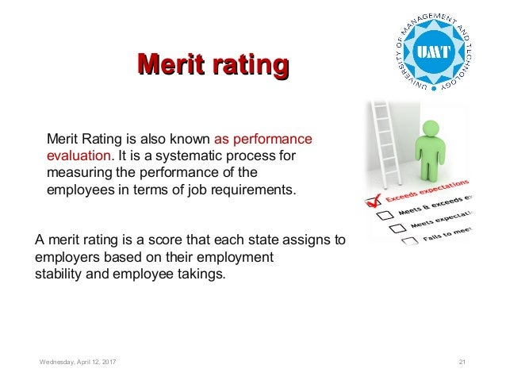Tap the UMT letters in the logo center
pyautogui.click(x=435, y=52)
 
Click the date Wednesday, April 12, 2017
pyautogui.click(x=78, y=362)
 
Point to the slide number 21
pyautogui.click(x=463, y=362)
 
